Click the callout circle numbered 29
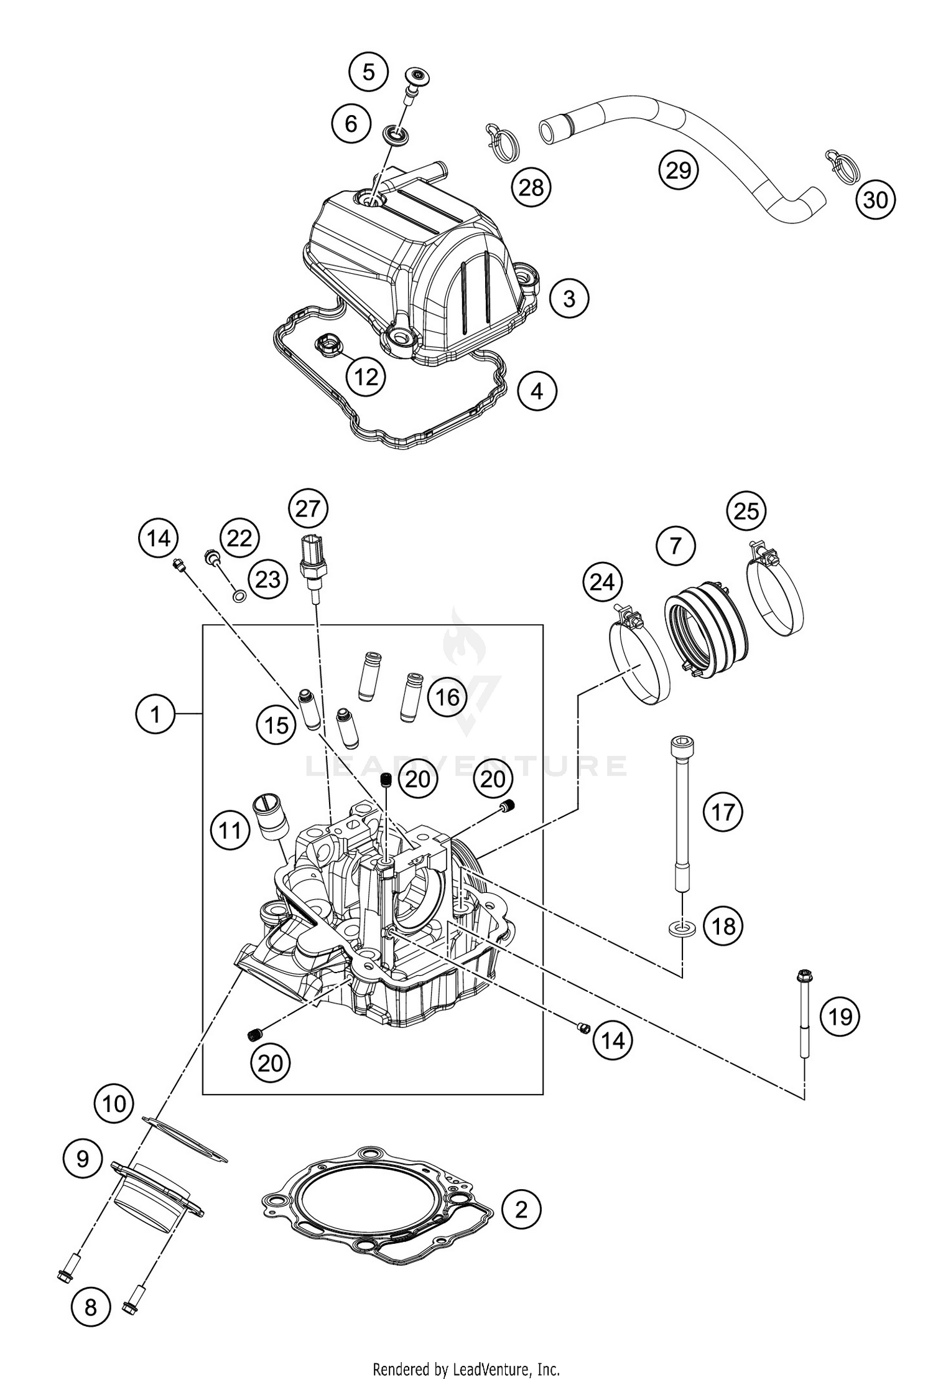679,169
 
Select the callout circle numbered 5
368,72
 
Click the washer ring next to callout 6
395,134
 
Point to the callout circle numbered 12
366,376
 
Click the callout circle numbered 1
155,714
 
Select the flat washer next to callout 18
682,929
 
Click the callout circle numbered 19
840,1016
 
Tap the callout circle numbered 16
447,697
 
